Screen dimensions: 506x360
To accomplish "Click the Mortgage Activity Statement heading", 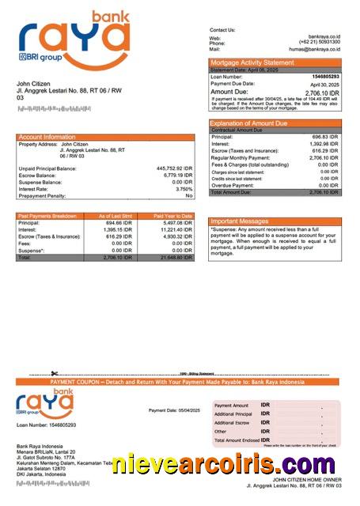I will click(x=251, y=62).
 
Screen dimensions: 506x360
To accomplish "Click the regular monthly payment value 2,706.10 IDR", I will click(x=323, y=158).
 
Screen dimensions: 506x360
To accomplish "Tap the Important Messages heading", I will click(x=246, y=221).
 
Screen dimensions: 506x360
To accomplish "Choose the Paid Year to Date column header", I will click(x=172, y=216).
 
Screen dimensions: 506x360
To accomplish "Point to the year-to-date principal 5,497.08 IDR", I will click(x=176, y=223).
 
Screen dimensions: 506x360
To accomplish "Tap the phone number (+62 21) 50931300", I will click(x=320, y=43).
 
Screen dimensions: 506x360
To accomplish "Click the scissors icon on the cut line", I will click(x=55, y=373).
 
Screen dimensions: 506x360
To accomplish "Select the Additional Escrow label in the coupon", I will click(x=233, y=423).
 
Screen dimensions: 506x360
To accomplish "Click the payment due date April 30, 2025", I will click(x=324, y=84).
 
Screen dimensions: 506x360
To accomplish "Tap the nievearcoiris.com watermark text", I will click(x=229, y=464).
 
